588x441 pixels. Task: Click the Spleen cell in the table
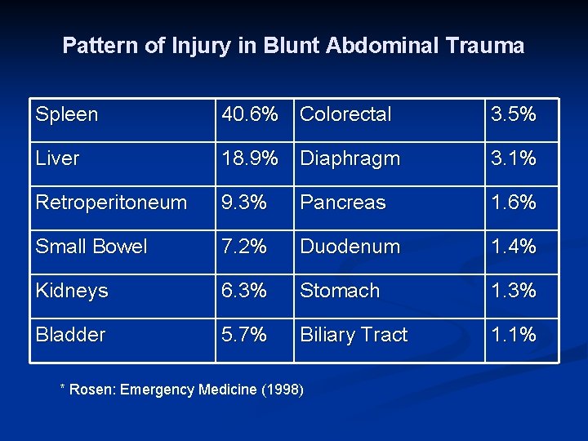point(67,114)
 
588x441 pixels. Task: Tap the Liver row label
point(58,158)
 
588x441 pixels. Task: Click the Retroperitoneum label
point(111,203)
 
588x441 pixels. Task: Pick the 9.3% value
point(243,203)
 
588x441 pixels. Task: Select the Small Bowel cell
point(91,247)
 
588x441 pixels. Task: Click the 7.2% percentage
point(243,247)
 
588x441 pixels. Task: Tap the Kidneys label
point(72,291)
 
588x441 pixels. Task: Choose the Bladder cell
point(71,335)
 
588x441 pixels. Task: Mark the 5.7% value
point(243,335)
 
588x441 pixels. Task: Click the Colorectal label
point(346,114)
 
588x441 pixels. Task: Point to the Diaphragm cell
point(350,158)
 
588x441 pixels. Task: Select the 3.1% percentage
point(513,158)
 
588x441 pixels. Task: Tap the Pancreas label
point(343,203)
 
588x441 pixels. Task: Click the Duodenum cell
point(350,247)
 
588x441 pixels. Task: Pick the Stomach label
point(341,291)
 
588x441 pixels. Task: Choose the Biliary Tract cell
point(354,335)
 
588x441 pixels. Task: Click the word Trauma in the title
point(487,46)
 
